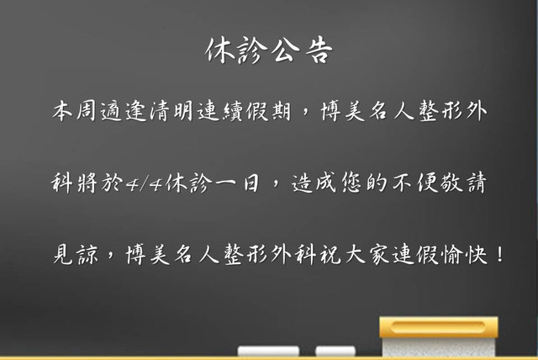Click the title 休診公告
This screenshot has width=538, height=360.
[x=269, y=50]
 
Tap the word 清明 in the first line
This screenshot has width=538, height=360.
[x=171, y=111]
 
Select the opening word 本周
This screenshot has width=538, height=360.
[x=75, y=111]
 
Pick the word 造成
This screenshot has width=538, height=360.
[x=314, y=183]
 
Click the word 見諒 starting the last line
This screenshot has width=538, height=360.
[x=76, y=254]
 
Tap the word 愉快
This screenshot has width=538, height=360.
[x=465, y=254]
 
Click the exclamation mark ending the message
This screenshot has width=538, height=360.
[x=500, y=254]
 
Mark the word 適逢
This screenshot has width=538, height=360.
[x=124, y=111]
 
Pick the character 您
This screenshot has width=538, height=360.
[x=352, y=183]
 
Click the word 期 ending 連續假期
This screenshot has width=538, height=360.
[x=281, y=111]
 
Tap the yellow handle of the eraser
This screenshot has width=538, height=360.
[x=439, y=327]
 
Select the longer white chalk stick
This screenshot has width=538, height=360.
[x=268, y=351]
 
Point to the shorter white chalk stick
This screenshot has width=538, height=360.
[x=335, y=351]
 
